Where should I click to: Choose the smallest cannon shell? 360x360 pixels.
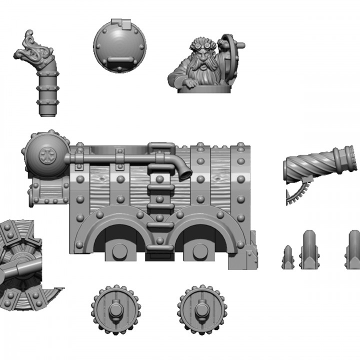(x=288, y=257)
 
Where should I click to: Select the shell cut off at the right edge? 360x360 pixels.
(x=353, y=249)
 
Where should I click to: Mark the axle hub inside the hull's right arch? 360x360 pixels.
(x=200, y=251)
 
